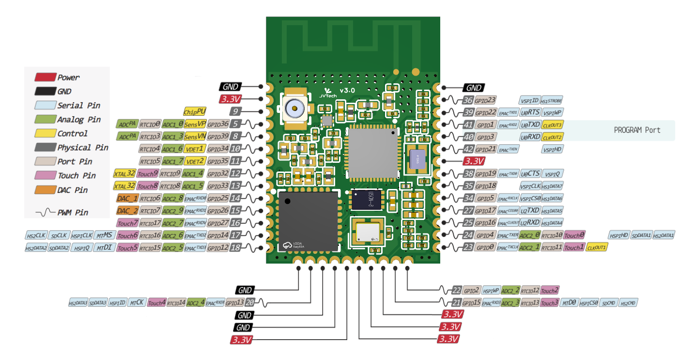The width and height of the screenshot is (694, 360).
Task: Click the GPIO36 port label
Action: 217,124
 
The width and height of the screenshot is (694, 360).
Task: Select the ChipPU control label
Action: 191,111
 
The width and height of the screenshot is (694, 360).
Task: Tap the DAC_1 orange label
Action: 127,198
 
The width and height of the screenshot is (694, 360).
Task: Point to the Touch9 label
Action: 147,173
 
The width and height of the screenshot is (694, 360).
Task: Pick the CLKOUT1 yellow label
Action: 597,248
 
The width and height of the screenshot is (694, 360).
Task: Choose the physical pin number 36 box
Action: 467,100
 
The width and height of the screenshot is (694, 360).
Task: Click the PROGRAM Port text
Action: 637,130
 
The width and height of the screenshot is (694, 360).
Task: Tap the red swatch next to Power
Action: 45,77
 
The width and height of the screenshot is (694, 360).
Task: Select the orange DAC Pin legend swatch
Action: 45,190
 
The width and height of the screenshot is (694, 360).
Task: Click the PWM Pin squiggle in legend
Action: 45,212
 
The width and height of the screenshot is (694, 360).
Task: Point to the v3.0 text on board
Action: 347,91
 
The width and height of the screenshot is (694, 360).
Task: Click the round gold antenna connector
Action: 294,108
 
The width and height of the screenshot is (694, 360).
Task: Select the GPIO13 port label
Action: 234,303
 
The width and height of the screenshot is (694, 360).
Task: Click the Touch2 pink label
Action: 549,291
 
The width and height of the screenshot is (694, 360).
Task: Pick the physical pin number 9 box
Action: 235,111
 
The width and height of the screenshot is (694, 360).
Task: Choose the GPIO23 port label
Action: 485,100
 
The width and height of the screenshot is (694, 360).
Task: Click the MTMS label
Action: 105,235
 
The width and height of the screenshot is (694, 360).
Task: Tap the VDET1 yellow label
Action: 195,149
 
